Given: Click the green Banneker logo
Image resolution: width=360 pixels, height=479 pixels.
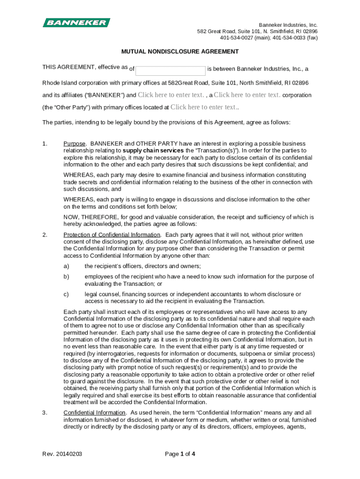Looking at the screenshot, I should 77,22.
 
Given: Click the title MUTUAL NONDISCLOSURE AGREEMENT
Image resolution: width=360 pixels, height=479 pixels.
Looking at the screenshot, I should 180,51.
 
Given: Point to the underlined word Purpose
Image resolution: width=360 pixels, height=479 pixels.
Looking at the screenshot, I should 75,144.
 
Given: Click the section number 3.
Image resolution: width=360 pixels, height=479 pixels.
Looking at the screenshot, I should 45,413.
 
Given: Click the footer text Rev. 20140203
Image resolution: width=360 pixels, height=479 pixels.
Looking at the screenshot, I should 61,453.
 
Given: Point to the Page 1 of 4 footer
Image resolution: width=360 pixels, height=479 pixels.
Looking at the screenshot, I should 180,453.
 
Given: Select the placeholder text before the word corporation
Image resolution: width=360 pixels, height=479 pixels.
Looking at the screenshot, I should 247,95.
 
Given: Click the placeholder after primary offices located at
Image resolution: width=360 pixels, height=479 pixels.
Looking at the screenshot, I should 203,107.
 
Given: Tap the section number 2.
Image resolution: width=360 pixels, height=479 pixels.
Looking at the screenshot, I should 45,235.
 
